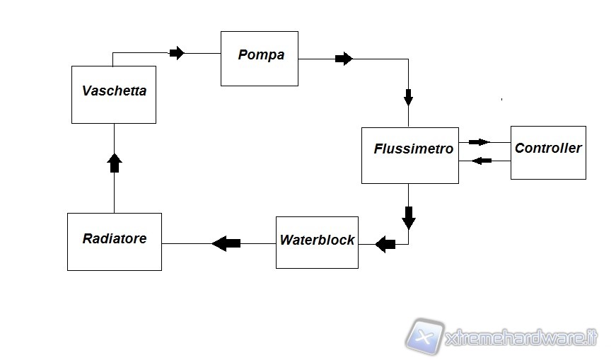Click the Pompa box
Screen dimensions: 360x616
point(259,58)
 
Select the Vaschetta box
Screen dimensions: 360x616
point(113,95)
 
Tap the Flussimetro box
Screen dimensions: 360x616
point(410,156)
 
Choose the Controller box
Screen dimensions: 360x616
point(548,152)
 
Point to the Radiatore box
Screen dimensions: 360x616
point(115,241)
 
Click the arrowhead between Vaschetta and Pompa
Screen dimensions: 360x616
point(177,53)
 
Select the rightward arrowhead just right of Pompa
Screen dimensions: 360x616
point(344,59)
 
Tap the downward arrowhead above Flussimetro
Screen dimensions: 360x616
point(409,95)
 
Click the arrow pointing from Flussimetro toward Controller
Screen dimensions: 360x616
point(479,142)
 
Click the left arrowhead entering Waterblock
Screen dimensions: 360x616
point(385,245)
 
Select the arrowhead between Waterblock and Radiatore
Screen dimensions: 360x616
point(226,243)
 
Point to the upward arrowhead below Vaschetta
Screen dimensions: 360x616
point(114,163)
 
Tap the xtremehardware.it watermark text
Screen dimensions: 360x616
point(522,339)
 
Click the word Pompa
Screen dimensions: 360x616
point(261,55)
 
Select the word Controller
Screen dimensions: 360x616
point(548,149)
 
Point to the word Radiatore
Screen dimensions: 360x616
point(115,239)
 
